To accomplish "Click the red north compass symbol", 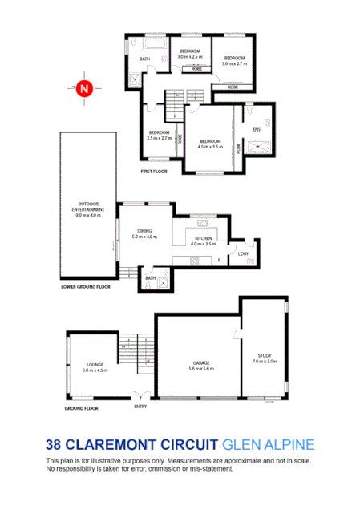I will pos(83,89).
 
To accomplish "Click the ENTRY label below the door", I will pos(141,407).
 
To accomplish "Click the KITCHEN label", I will pos(202,238).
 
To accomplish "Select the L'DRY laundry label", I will pos(242,253).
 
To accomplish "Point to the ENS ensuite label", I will pos(257,129).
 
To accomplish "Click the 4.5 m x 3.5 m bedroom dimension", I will pos(211,146).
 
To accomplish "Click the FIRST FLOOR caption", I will pos(154,172).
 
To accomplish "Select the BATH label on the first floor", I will pos(145,59).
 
